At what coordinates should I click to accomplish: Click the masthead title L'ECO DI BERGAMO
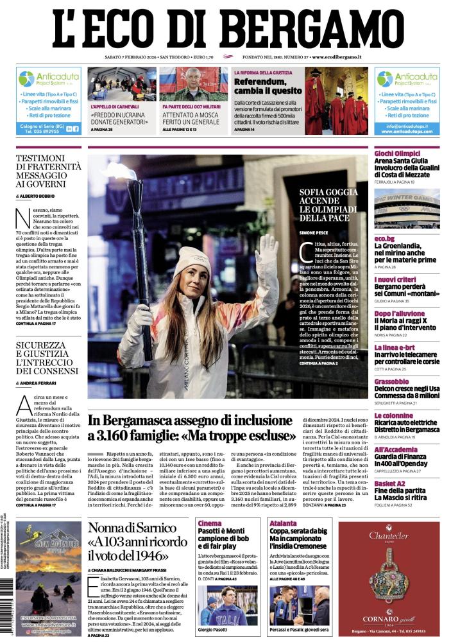point(225,28)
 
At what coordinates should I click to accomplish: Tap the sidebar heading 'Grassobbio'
point(392,381)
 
